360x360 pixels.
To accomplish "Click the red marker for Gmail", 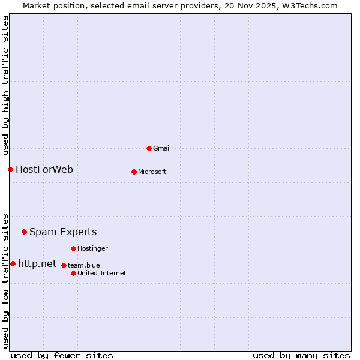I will click(149, 148).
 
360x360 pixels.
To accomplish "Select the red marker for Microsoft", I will click(134, 172).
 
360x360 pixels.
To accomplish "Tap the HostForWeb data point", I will click(10, 169).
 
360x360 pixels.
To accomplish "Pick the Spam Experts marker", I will click(24, 232).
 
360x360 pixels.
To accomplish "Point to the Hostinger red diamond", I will click(73, 248).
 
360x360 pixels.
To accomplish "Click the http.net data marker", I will click(13, 263).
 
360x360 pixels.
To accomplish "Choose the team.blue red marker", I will click(64, 265).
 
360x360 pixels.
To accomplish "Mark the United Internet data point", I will click(73, 273).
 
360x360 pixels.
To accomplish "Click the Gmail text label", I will click(162, 148).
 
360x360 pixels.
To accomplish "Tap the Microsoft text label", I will click(152, 172).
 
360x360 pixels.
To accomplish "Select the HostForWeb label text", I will click(44, 169).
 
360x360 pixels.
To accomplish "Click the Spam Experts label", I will click(63, 232).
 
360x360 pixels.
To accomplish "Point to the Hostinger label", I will click(92, 248).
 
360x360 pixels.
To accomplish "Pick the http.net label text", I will click(37, 263).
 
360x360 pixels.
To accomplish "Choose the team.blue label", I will click(84, 265).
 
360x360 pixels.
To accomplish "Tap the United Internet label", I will click(102, 273).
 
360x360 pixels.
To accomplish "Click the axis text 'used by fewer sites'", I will click(62, 355).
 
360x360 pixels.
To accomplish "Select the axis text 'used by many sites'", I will click(301, 355).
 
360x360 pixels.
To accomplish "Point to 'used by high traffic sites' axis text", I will click(5, 84).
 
